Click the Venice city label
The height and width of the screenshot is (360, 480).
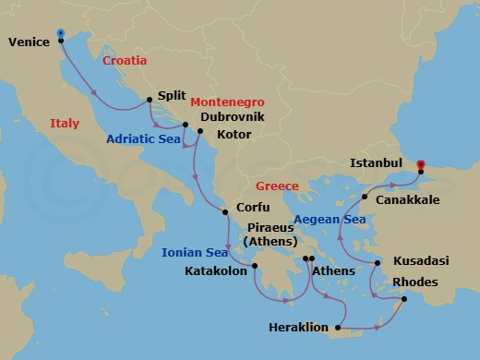29,42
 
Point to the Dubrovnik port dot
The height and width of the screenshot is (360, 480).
186,125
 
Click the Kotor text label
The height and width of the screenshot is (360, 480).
232,135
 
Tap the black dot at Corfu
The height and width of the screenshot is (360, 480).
224,213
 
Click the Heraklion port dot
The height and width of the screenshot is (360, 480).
339,328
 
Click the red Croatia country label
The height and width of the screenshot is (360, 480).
125,60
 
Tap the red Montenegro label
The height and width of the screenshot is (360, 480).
228,102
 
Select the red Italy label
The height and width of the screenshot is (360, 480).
65,123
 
